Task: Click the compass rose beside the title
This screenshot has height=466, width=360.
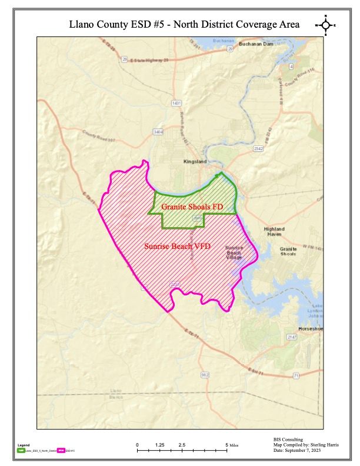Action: point(325,25)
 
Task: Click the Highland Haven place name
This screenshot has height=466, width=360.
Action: point(274,231)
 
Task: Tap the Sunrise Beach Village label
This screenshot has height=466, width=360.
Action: point(234,253)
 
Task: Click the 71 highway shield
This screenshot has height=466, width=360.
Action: point(296,375)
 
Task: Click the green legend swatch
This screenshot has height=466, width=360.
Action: point(21,451)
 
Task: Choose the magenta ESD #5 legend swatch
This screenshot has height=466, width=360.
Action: point(61,451)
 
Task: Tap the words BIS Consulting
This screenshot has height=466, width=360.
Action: point(288,439)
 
